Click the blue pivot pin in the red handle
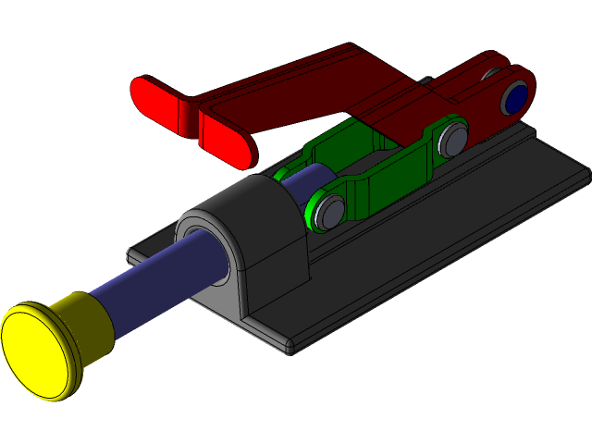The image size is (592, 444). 516,98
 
